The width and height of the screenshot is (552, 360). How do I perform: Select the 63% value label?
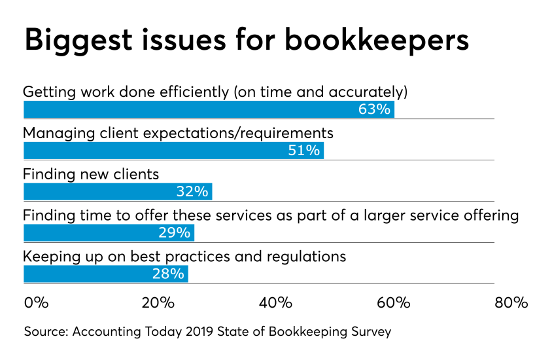(374, 109)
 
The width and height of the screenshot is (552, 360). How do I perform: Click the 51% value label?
(304, 151)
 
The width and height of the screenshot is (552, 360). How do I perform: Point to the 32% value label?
(192, 192)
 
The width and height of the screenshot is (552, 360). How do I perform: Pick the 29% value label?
(174, 233)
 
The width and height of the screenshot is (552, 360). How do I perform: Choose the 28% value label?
(168, 274)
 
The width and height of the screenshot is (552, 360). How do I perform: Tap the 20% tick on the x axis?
(158, 303)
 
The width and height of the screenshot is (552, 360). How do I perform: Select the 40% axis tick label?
(275, 303)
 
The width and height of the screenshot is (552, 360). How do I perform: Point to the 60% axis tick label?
(393, 303)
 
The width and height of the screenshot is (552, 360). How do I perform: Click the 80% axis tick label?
(511, 303)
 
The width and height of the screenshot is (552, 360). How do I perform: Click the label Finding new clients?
(91, 174)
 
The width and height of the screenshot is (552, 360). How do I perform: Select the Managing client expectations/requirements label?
(178, 133)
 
